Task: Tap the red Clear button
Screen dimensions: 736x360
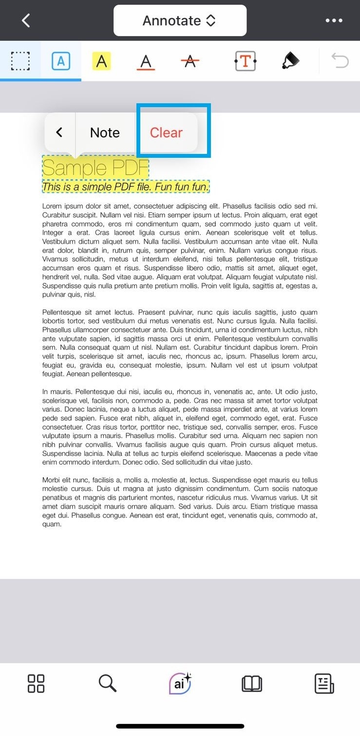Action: pos(166,132)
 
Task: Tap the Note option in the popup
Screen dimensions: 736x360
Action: pos(105,132)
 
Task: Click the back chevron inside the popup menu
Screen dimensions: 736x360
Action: pos(59,132)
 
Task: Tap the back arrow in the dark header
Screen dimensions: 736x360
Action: pos(26,20)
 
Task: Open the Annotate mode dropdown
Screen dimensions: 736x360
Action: pos(180,20)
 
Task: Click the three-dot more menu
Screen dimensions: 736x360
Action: pos(334,20)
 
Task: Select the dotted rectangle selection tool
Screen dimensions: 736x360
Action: pos(20,61)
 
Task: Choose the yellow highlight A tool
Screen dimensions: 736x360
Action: pos(101,61)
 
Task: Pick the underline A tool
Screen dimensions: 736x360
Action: pos(146,61)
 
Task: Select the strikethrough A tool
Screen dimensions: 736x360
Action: pos(190,61)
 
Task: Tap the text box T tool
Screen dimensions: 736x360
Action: pos(245,61)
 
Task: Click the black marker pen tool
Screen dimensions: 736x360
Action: pos(290,61)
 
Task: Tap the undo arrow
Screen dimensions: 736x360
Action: pos(340,61)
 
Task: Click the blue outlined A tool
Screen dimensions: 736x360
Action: pos(61,61)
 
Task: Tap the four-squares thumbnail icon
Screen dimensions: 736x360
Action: pos(36,683)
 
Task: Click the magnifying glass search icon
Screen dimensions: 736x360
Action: pos(107,683)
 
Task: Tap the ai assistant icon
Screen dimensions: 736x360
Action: pos(180,683)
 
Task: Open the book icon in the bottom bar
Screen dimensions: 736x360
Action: pos(252,683)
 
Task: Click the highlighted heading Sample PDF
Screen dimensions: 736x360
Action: pos(95,168)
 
